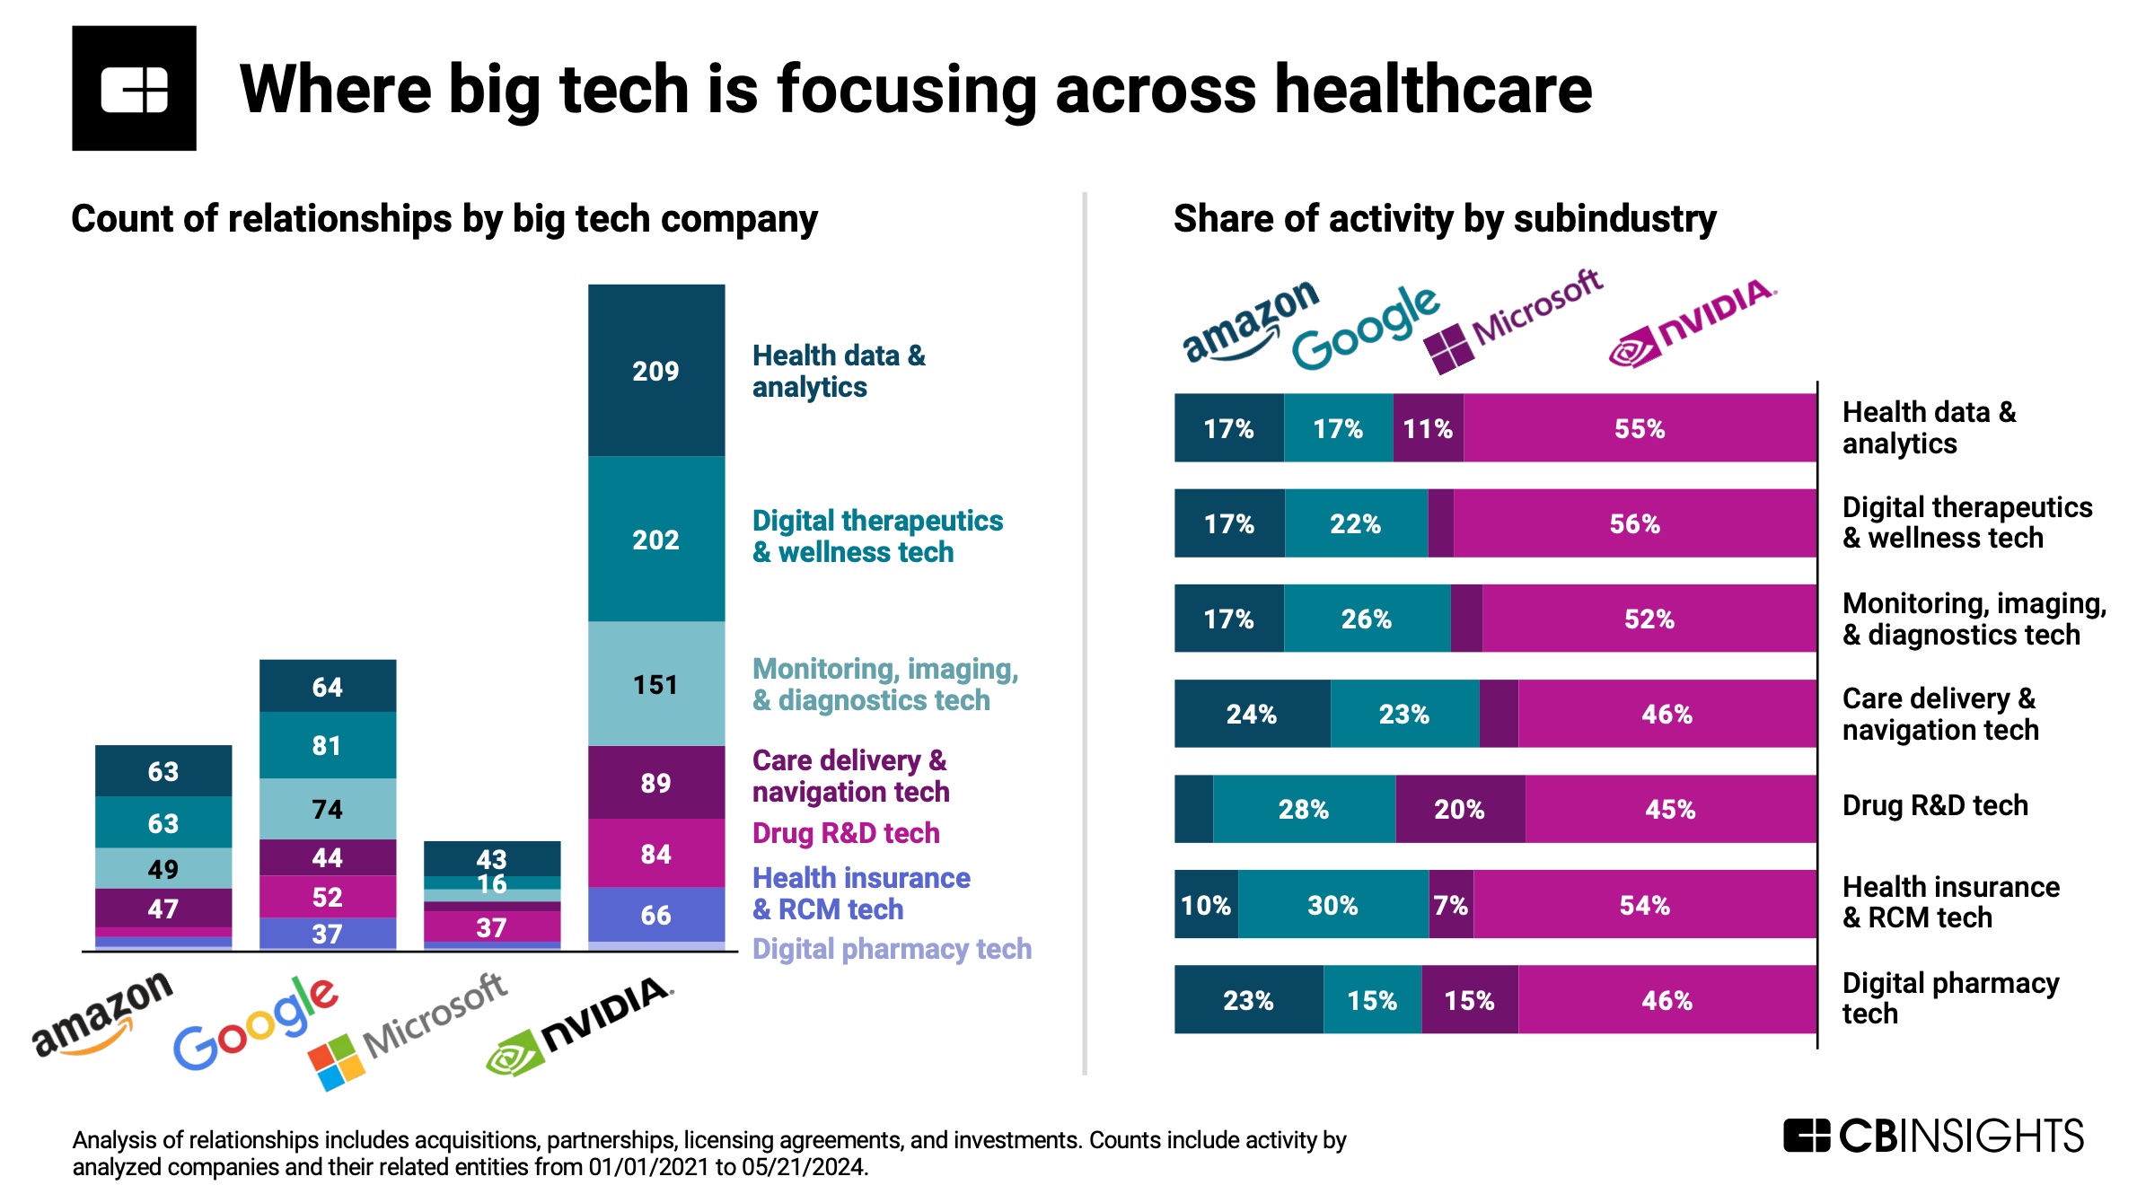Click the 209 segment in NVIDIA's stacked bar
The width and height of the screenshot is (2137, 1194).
coord(655,371)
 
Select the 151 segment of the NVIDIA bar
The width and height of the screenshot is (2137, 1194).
coord(655,684)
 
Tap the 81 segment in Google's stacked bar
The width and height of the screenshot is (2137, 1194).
coord(327,745)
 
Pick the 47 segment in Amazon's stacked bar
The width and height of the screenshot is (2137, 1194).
coord(163,909)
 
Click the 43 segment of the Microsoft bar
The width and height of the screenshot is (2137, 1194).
coord(491,858)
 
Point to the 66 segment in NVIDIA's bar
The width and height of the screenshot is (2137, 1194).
coord(655,915)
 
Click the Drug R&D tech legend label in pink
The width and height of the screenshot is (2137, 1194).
coord(845,833)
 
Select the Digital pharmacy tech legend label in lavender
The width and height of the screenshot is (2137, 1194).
coord(892,949)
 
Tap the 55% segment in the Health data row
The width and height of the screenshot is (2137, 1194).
coord(1639,428)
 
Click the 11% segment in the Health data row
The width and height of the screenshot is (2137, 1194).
coord(1428,428)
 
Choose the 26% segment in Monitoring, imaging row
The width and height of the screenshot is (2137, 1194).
coord(1366,619)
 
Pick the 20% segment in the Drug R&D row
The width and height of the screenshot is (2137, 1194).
coord(1459,809)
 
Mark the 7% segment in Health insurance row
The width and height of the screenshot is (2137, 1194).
coord(1450,905)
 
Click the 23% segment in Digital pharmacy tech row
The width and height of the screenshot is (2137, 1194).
coord(1248,1000)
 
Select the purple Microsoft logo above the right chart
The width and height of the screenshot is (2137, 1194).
coord(1514,319)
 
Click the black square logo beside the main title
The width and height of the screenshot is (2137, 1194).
coord(135,88)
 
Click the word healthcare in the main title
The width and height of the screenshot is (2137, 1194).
coord(1433,90)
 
